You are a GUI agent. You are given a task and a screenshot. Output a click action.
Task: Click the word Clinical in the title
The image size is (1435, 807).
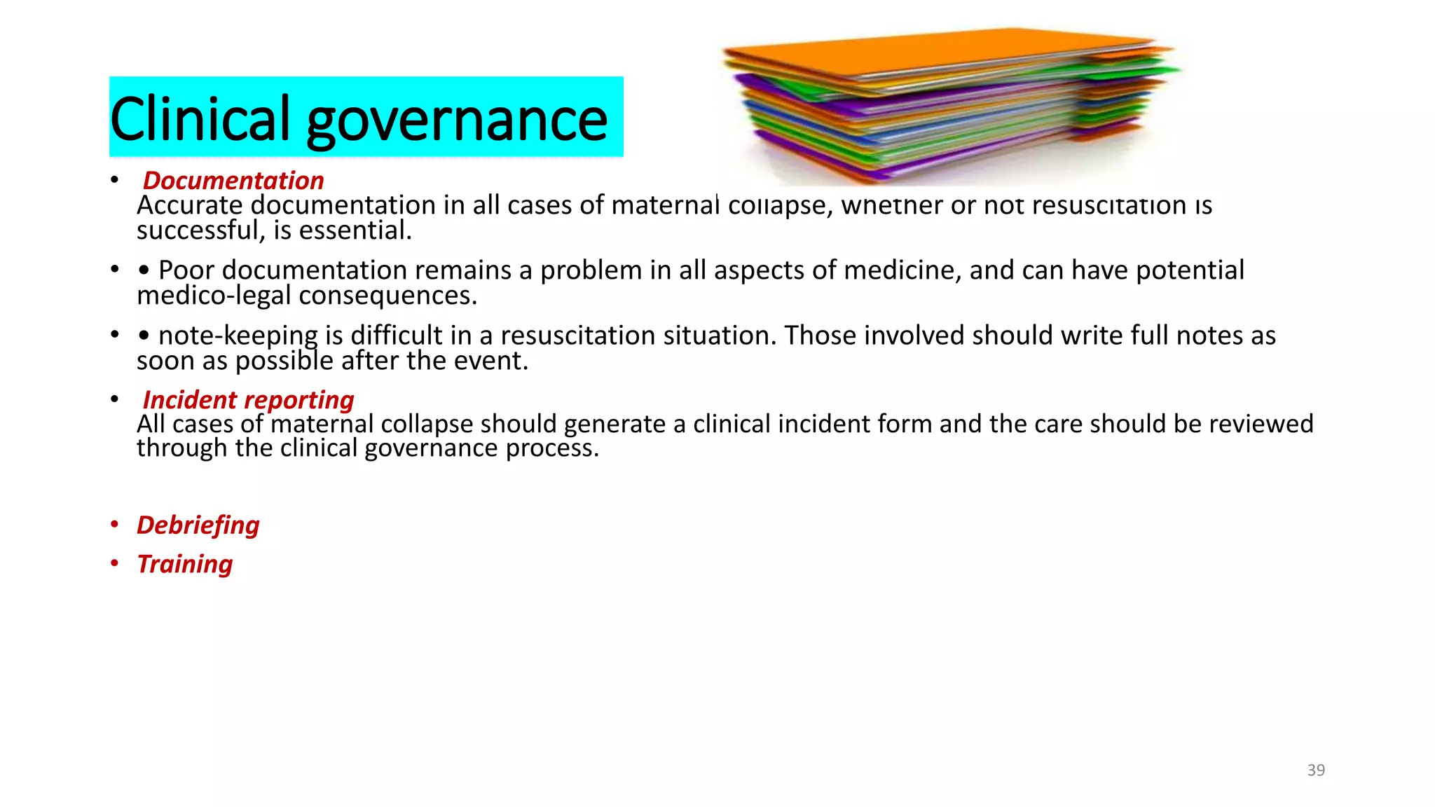(200, 119)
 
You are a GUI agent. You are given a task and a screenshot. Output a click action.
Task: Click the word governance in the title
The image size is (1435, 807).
(457, 120)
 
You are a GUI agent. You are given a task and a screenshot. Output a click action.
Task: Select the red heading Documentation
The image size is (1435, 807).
(233, 181)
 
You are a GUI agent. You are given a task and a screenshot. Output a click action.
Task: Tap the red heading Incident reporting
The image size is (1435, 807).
(248, 400)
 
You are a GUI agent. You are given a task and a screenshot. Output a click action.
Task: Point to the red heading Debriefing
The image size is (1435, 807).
(198, 525)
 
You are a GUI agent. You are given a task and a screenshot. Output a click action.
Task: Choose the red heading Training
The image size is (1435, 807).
(185, 564)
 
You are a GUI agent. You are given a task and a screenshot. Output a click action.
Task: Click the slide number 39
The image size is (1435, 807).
(1316, 770)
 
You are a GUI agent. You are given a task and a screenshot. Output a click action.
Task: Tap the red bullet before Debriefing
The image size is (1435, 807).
(115, 525)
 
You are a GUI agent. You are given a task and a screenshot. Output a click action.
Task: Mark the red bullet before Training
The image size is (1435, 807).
(115, 564)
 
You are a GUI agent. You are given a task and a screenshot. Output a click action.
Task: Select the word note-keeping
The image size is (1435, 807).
(238, 336)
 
